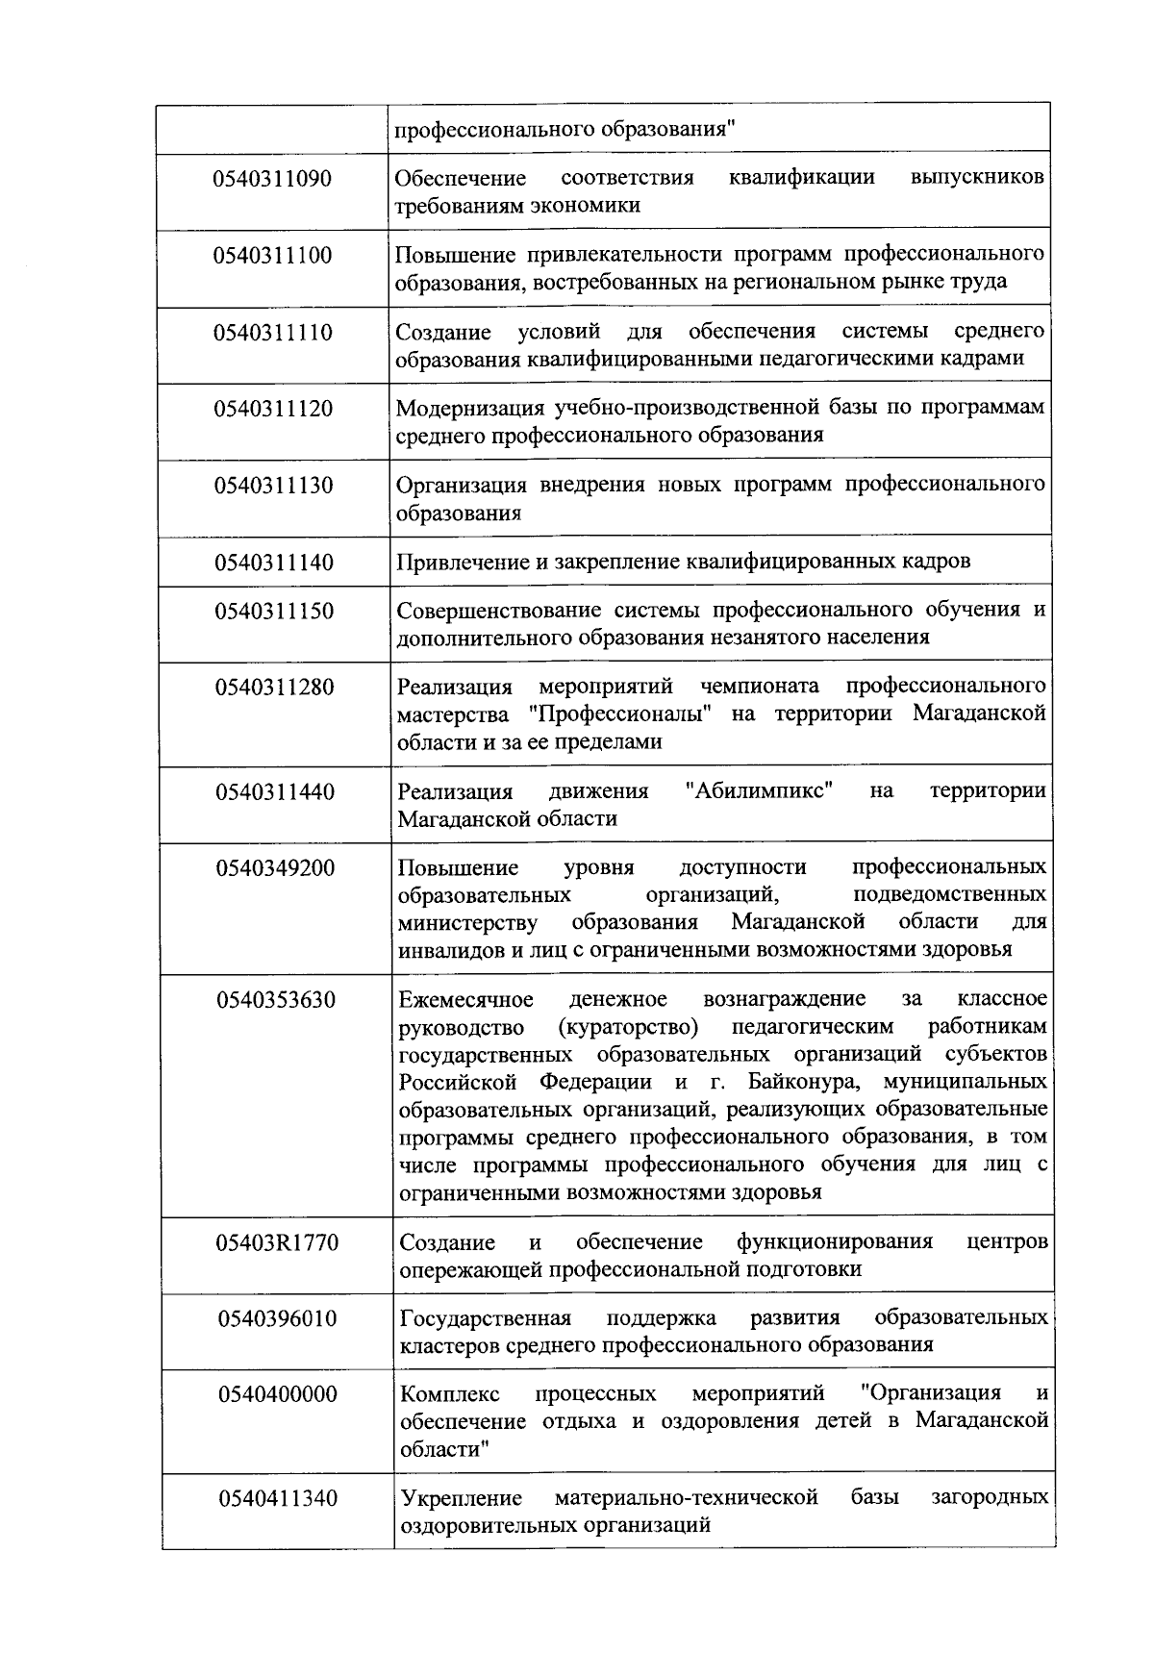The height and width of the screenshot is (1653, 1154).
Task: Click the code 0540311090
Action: point(274,179)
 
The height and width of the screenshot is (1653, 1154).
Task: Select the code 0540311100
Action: point(274,256)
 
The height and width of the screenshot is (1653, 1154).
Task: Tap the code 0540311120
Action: point(274,409)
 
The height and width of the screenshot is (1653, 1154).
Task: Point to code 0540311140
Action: point(274,563)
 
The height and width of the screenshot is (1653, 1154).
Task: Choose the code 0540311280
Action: point(275,688)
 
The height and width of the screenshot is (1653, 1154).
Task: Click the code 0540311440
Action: point(275,792)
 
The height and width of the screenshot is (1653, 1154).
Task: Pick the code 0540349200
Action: point(275,868)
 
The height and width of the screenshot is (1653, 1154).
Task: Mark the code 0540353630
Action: point(276,1000)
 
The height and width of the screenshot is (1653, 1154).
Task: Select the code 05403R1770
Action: point(277,1242)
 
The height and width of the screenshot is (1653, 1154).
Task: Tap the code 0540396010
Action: point(277,1318)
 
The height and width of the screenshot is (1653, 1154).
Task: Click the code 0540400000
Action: point(277,1394)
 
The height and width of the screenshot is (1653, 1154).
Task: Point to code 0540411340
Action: point(278,1499)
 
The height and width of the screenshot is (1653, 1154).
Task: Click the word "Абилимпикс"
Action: point(760,791)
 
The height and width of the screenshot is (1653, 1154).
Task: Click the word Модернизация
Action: point(469,408)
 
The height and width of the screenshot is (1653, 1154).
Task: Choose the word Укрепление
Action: point(461,1498)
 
